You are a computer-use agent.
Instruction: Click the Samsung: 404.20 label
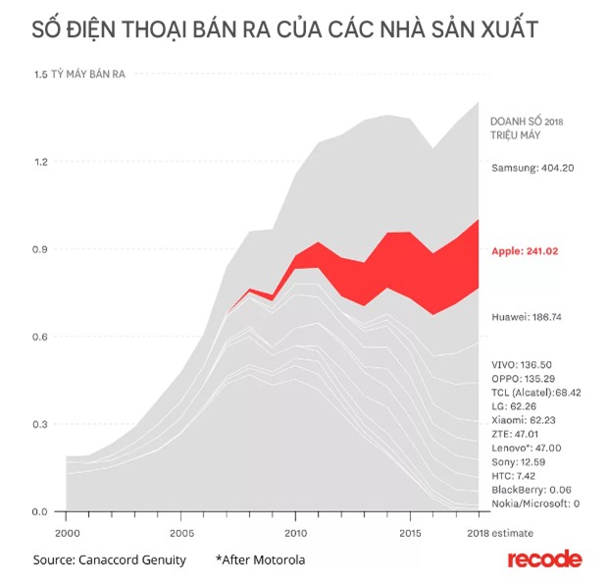[532, 168]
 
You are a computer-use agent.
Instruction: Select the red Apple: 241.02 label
[525, 251]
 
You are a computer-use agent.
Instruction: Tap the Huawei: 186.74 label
[526, 318]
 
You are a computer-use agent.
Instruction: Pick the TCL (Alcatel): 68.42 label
[536, 392]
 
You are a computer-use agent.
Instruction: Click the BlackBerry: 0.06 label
[531, 489]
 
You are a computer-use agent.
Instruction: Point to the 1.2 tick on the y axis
[41, 162]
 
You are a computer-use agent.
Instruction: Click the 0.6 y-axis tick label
[41, 337]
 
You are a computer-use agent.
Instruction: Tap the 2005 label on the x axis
[180, 533]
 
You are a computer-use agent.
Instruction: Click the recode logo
[544, 559]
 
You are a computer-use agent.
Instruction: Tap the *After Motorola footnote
[261, 560]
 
